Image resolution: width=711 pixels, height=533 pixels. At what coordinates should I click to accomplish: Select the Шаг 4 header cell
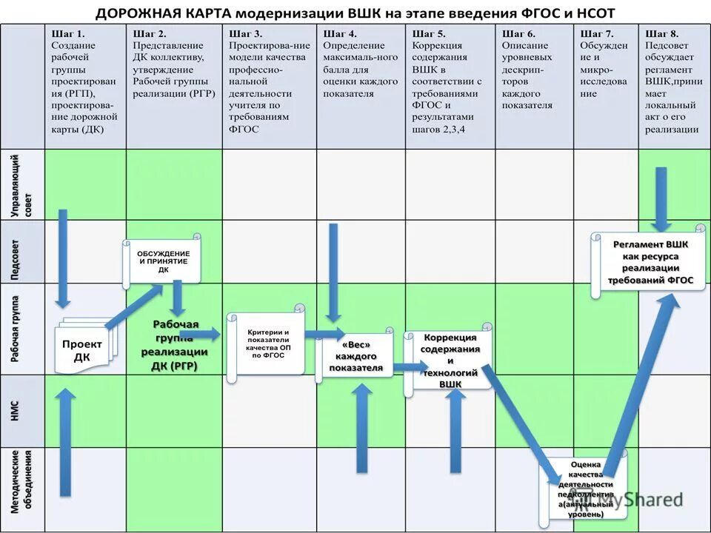[x=361, y=63]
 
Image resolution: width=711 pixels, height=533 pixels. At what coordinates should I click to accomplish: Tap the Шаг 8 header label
[x=671, y=81]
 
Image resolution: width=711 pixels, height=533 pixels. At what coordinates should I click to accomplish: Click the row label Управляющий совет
[x=22, y=185]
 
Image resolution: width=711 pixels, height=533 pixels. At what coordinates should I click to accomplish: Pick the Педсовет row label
[x=22, y=252]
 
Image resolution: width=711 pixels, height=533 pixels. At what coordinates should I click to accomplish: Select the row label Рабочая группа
[x=22, y=329]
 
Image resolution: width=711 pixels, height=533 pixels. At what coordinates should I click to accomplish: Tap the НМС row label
[x=22, y=411]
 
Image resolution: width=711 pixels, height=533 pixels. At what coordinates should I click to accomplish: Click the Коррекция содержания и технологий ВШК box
[x=449, y=359]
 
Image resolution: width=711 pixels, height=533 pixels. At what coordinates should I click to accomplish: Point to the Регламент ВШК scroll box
[x=649, y=262]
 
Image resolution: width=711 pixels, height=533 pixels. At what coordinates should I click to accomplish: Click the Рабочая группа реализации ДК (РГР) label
[x=175, y=346]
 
